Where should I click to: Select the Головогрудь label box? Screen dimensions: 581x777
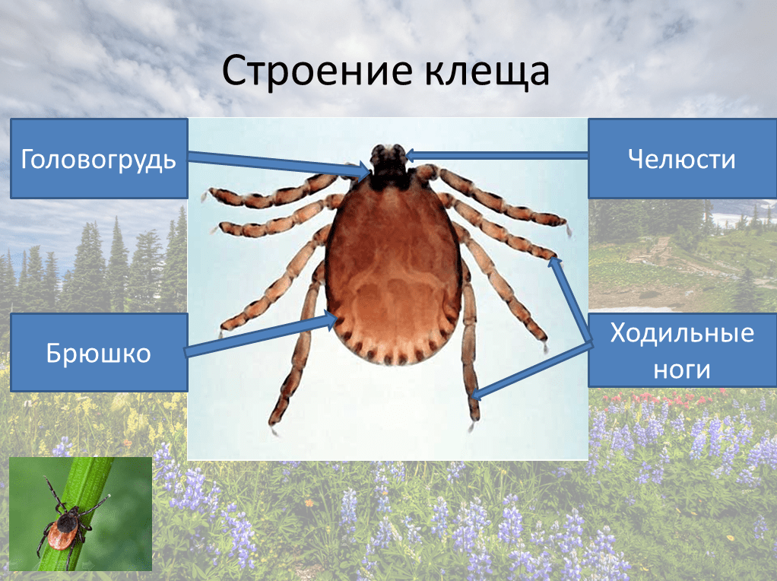pyautogui.click(x=99, y=158)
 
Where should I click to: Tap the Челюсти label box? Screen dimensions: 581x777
pyautogui.click(x=682, y=158)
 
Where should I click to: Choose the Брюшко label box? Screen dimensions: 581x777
pyautogui.click(x=99, y=353)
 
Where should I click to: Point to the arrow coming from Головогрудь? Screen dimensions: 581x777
pyautogui.click(x=274, y=163)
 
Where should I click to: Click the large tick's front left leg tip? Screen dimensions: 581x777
pyautogui.click(x=206, y=195)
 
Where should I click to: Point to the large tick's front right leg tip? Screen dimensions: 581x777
pyautogui.click(x=568, y=226)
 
